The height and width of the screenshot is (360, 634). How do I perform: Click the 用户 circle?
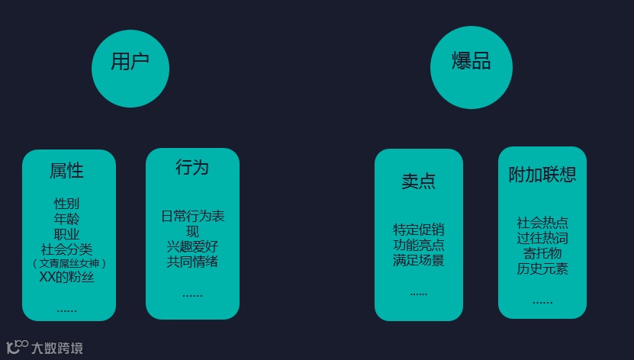coord(130,69)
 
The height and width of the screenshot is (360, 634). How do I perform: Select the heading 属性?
coord(67,172)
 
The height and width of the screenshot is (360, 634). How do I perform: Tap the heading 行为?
coord(191,168)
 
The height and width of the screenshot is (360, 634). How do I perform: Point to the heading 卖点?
coord(418,182)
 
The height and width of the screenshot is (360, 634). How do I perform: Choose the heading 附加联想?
coord(542,175)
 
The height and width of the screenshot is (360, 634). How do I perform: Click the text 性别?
coord(67,204)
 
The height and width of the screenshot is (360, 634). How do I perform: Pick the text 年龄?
coord(67,219)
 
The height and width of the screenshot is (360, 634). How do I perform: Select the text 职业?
coord(67,234)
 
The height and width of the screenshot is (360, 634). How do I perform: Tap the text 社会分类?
coord(67,249)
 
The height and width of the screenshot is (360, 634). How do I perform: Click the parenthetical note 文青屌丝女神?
coord(69,263)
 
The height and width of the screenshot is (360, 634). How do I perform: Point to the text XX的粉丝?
coord(67,277)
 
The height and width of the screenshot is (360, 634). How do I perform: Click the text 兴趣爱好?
coord(192,246)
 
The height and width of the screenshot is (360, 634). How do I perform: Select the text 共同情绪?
coord(192,262)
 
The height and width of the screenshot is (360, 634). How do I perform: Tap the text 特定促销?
coord(418,230)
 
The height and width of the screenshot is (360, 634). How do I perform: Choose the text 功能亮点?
coord(418,245)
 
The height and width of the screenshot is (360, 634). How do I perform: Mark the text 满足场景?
coord(418,260)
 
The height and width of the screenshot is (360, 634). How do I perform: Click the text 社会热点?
coord(542,223)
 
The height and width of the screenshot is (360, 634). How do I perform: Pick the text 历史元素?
coord(542,268)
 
